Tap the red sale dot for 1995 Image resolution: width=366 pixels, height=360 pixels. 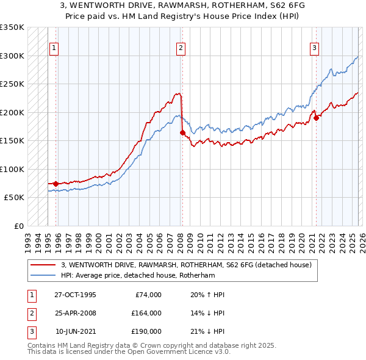[x=56, y=184]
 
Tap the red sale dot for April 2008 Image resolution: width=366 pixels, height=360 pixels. [x=182, y=132]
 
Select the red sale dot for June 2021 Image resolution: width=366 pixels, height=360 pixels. [x=316, y=118]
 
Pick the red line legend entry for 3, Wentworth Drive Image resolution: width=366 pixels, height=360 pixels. [x=186, y=265]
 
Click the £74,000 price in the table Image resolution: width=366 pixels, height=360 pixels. [x=147, y=295]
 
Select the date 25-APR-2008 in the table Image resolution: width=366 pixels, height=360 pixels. [x=75, y=313]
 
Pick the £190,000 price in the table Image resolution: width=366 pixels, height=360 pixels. [x=146, y=331]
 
